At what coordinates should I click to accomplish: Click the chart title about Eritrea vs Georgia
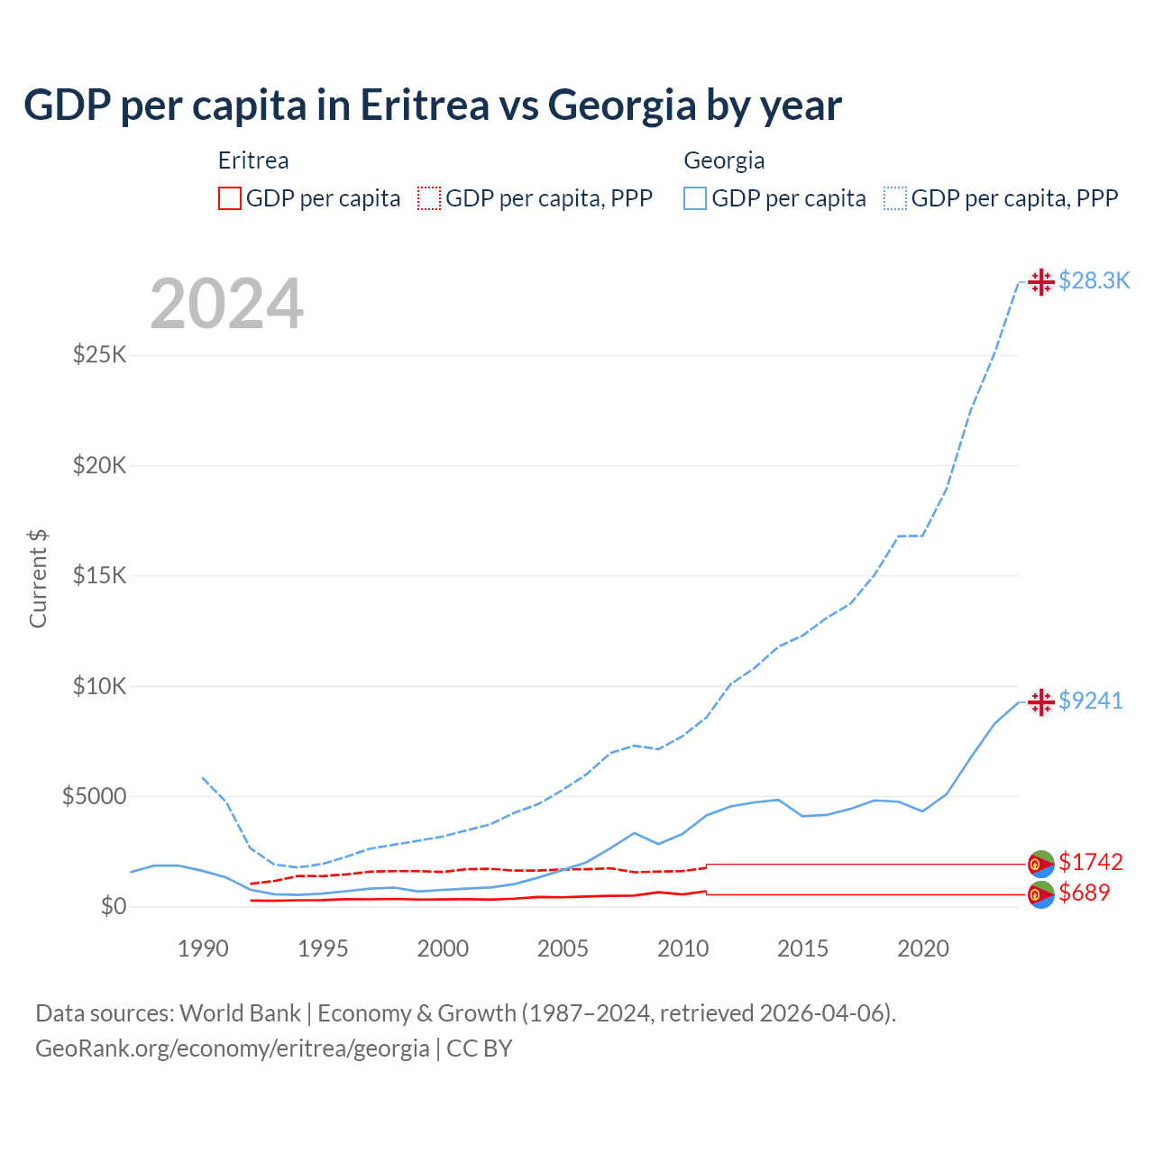tap(433, 105)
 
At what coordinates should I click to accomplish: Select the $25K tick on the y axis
tap(99, 354)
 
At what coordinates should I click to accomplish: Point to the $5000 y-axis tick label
tap(94, 796)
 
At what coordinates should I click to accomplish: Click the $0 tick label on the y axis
tap(113, 906)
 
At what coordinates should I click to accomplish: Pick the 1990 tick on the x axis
tap(203, 948)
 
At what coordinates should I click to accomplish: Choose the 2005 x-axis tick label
tap(563, 948)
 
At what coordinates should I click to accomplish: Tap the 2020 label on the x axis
tap(923, 948)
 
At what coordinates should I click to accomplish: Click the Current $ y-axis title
tap(38, 578)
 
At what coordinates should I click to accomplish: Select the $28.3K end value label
tap(1094, 281)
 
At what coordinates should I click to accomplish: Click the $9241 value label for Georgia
tap(1091, 701)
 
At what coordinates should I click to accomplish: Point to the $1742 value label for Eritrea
tap(1091, 862)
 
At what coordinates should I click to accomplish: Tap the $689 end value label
tap(1085, 893)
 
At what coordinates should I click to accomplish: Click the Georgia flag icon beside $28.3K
tap(1041, 282)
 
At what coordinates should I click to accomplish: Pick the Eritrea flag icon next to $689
tap(1041, 894)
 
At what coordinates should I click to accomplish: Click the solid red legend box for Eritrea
tap(230, 198)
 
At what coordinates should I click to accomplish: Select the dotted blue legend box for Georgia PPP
tap(895, 198)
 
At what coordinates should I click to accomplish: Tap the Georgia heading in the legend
tap(724, 160)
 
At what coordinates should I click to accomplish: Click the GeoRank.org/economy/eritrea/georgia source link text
tap(233, 1049)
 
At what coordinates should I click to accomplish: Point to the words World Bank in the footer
tap(240, 1013)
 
